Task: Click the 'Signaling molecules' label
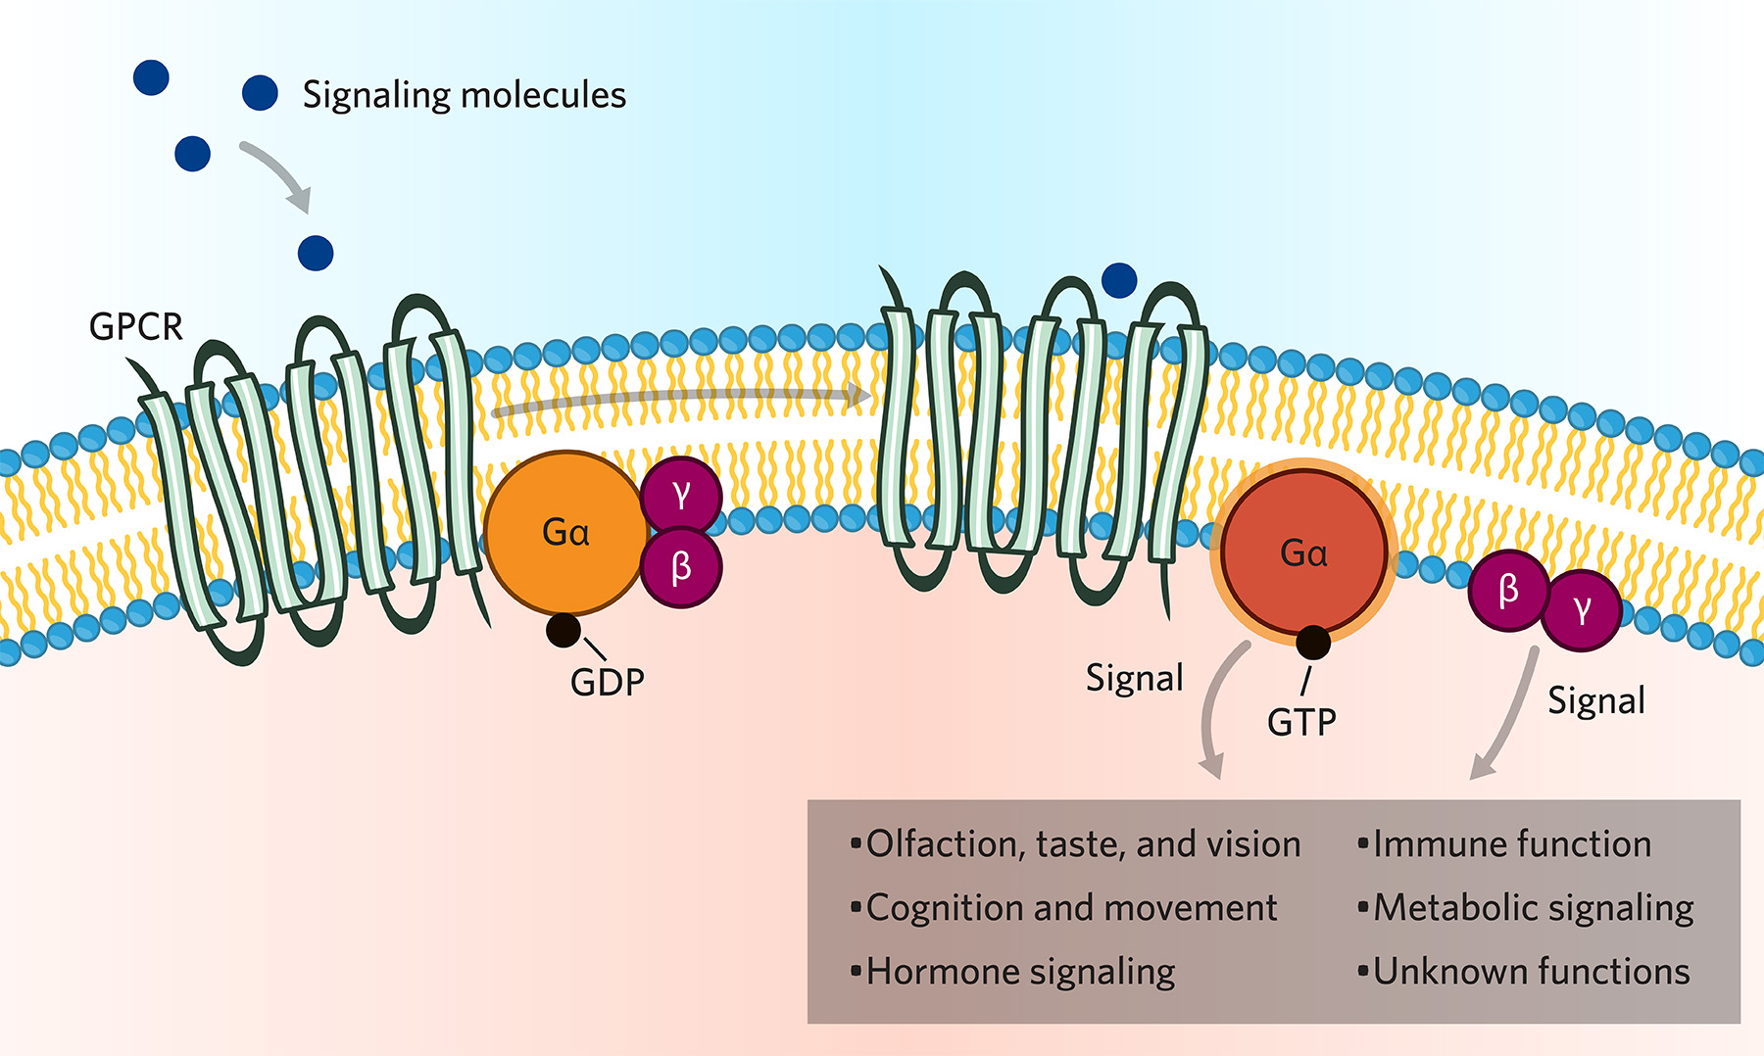tap(464, 95)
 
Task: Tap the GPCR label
tap(135, 326)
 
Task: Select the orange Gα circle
tap(565, 532)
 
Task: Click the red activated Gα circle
tap(1303, 553)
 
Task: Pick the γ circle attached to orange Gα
tap(681, 495)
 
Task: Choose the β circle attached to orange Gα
tap(681, 567)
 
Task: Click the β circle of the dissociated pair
tap(1508, 590)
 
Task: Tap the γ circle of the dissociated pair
tap(1581, 610)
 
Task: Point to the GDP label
tap(608, 682)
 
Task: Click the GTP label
tap(1301, 723)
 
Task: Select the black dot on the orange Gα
tap(563, 630)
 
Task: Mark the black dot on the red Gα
tap(1313, 643)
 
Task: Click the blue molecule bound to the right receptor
tap(1119, 281)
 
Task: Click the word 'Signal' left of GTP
tap(1134, 678)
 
